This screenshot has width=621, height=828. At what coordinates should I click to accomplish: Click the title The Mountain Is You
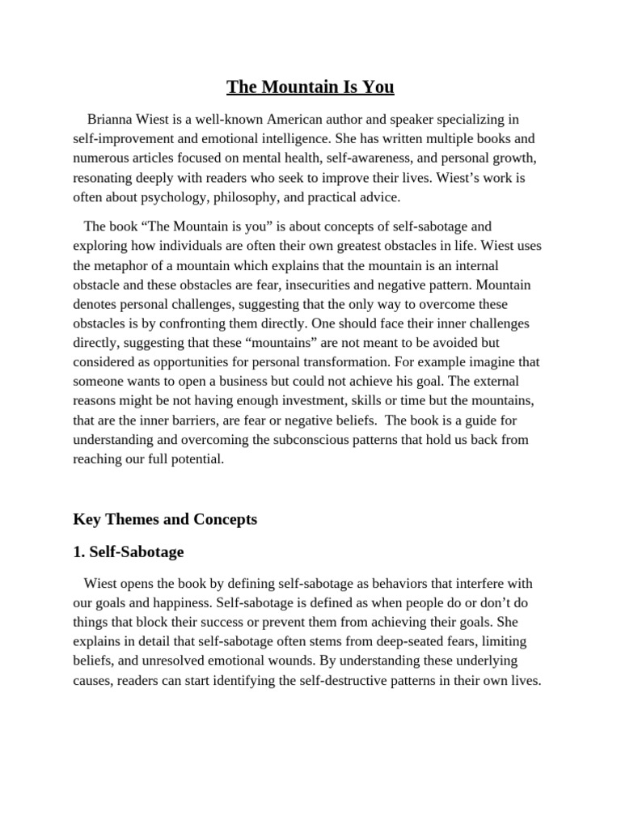pos(310,87)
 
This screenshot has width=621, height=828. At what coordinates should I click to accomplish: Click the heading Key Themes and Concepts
pos(165,519)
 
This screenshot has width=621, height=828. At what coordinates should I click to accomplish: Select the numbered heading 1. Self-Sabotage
pos(129,552)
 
